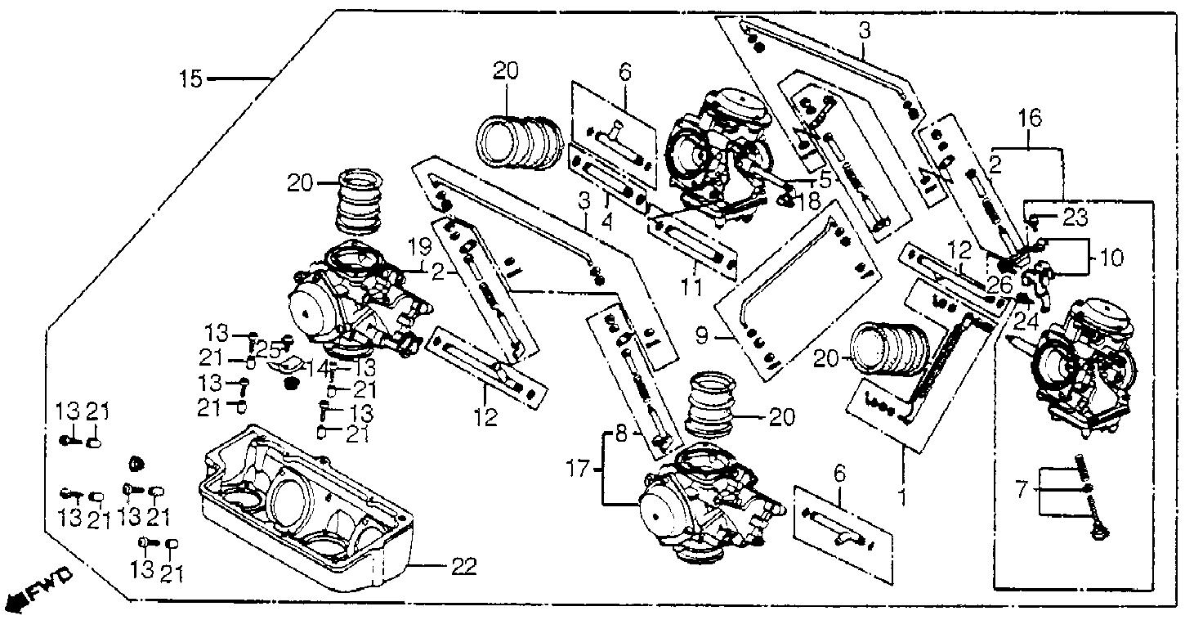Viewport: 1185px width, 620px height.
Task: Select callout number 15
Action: pyautogui.click(x=190, y=79)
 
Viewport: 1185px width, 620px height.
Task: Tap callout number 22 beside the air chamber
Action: pyautogui.click(x=464, y=567)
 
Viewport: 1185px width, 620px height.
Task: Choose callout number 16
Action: pyautogui.click(x=1030, y=118)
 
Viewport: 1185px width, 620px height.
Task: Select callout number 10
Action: pyautogui.click(x=1111, y=258)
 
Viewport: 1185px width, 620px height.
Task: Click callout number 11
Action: pyautogui.click(x=691, y=287)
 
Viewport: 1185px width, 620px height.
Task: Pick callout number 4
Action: pyautogui.click(x=606, y=222)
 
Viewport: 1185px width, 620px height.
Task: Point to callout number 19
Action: pyautogui.click(x=420, y=247)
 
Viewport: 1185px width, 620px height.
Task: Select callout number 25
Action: pyautogui.click(x=268, y=350)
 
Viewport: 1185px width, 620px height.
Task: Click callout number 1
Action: pyautogui.click(x=902, y=496)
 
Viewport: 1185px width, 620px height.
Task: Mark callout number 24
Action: pyautogui.click(x=1026, y=322)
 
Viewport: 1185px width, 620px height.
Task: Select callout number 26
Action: pyautogui.click(x=999, y=285)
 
